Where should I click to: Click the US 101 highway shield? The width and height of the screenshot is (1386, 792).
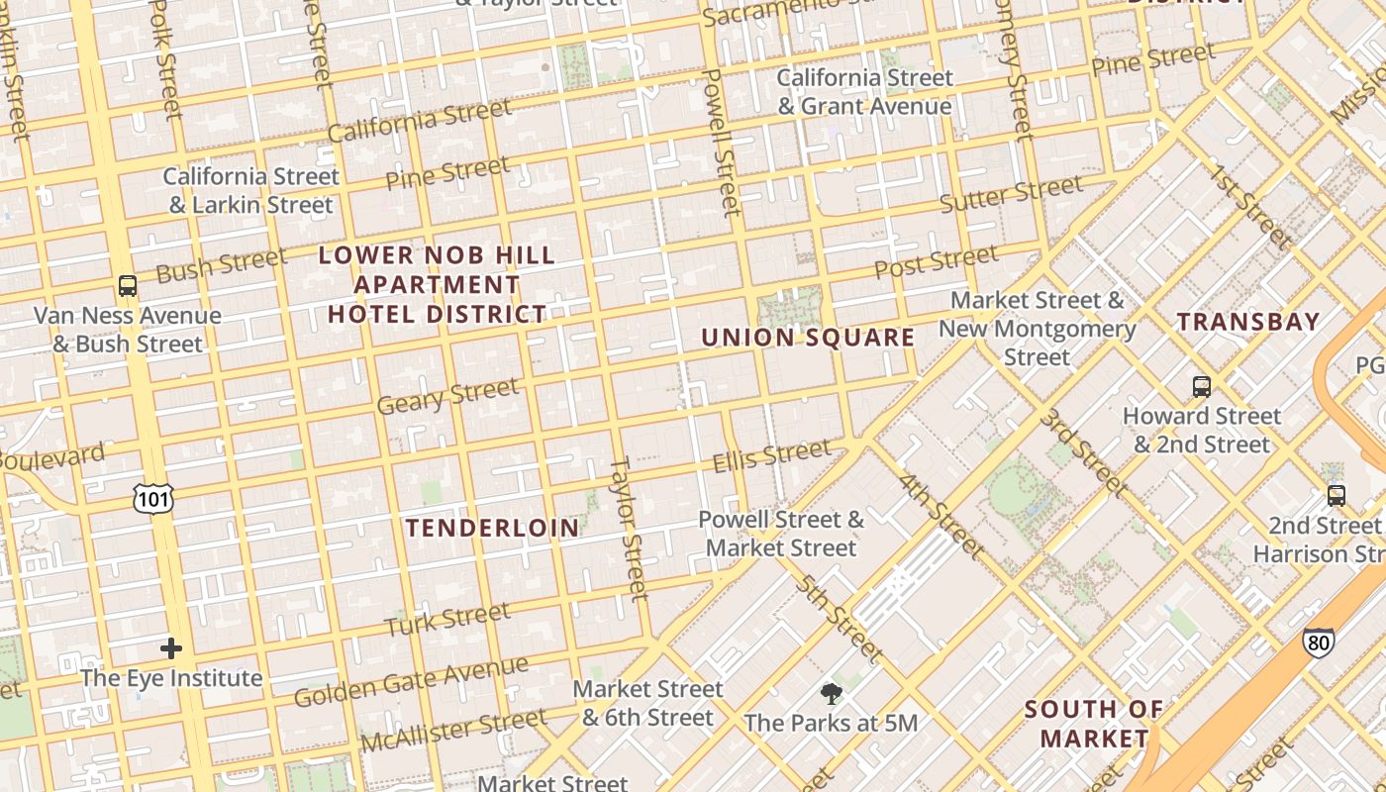153,499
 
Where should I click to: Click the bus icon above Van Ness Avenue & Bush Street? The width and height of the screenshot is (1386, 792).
127,287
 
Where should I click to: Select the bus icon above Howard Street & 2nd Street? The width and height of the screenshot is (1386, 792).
1201,387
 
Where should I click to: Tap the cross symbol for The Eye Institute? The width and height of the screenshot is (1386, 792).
171,649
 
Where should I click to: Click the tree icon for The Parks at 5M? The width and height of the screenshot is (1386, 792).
831,694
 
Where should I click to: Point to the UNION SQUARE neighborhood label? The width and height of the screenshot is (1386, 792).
808,338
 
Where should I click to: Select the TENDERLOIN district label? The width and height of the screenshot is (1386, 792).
492,528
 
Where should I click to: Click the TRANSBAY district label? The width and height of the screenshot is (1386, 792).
1248,322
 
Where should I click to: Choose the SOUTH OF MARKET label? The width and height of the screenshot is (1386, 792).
1094,724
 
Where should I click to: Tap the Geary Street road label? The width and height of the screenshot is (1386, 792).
447,396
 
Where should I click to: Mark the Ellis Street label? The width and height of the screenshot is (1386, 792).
772,456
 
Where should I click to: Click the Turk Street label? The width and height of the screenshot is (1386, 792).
447,620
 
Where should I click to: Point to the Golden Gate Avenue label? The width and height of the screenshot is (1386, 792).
397,683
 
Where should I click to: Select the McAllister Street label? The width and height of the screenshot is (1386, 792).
452,730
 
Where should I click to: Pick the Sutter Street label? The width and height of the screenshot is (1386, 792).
1011,194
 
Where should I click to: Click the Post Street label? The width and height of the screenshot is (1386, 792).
936,262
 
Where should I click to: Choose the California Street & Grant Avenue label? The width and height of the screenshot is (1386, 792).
864,92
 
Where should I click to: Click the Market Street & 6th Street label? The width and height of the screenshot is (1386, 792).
647,703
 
